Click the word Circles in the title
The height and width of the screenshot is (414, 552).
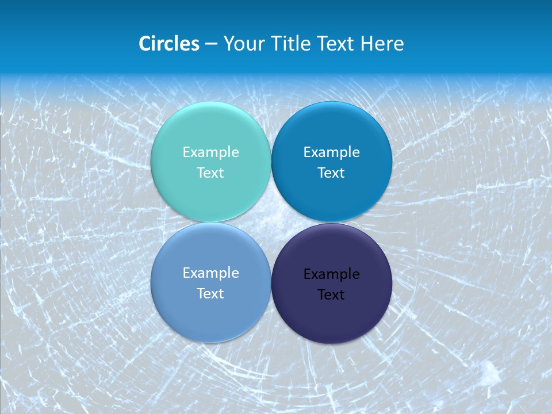point(168,43)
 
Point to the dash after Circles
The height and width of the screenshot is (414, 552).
point(211,44)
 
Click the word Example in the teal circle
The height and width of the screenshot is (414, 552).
point(210,152)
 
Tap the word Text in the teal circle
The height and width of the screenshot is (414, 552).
point(210,172)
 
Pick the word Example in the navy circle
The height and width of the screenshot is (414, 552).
point(331,274)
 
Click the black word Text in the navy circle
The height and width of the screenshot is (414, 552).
point(331,294)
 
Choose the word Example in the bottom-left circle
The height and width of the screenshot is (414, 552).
point(210,273)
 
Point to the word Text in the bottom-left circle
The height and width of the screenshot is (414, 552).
point(210,293)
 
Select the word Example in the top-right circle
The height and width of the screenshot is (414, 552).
point(331,152)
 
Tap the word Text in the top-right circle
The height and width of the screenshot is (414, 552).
point(331,172)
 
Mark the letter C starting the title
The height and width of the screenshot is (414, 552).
point(144,43)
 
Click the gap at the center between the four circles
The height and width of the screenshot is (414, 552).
point(271,222)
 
